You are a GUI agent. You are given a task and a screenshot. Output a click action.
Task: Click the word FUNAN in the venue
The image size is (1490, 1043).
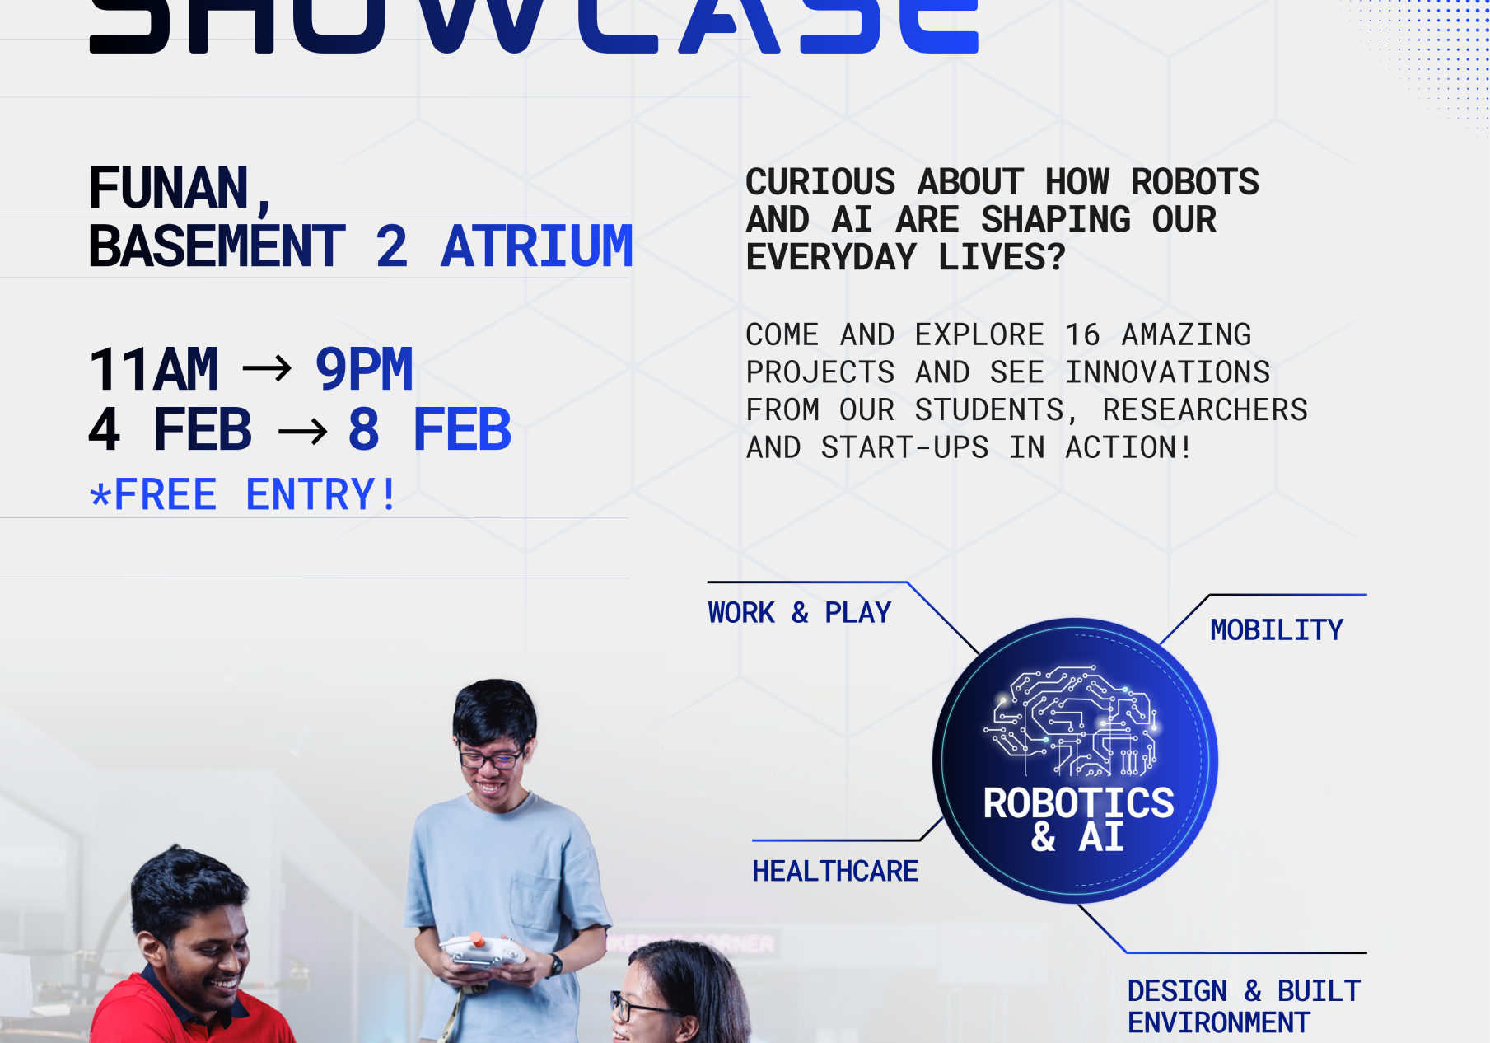pyautogui.click(x=169, y=188)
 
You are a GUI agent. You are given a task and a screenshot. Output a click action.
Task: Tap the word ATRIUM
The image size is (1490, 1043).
pyautogui.click(x=536, y=246)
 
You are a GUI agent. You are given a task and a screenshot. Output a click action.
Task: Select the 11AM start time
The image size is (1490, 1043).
pyautogui.click(x=154, y=369)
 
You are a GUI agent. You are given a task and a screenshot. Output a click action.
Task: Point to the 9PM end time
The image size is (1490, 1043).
pyautogui.click(x=364, y=369)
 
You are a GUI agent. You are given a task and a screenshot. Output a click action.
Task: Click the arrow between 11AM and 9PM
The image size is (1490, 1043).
pyautogui.click(x=267, y=368)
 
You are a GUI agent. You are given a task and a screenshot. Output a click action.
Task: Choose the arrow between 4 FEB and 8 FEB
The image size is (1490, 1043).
pyautogui.click(x=302, y=431)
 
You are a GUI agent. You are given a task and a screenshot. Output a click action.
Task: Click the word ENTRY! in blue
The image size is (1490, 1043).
pyautogui.click(x=321, y=494)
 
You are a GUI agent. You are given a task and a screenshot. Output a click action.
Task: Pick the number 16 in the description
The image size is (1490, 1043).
pyautogui.click(x=1082, y=334)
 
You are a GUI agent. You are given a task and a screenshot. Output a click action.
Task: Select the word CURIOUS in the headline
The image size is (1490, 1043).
pyautogui.click(x=820, y=182)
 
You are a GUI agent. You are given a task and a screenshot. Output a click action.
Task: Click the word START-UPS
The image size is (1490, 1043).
pyautogui.click(x=904, y=447)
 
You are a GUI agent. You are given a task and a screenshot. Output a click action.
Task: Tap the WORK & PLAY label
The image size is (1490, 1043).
pyautogui.click(x=799, y=613)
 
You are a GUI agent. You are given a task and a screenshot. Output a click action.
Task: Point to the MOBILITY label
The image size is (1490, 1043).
pyautogui.click(x=1276, y=630)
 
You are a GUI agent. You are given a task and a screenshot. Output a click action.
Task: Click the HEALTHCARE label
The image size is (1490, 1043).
pyautogui.click(x=834, y=871)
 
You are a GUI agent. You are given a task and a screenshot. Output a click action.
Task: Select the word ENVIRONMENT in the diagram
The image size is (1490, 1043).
pyautogui.click(x=1218, y=1023)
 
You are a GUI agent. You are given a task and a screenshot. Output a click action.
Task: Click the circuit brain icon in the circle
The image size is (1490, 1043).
pyautogui.click(x=1076, y=721)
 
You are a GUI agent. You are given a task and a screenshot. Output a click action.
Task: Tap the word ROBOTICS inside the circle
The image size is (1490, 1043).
pyautogui.click(x=1078, y=803)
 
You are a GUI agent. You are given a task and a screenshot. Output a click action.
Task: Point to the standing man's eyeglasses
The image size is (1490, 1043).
pyautogui.click(x=491, y=757)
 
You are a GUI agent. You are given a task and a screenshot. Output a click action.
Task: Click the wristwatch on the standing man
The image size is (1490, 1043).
pyautogui.click(x=557, y=965)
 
